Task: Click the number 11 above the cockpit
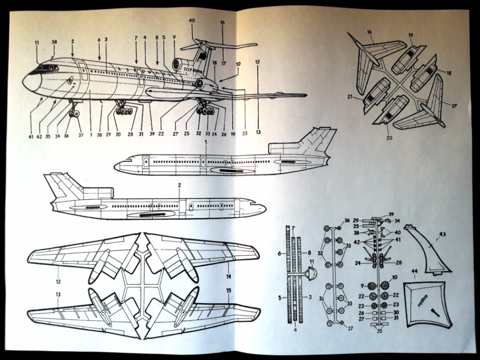(37, 43)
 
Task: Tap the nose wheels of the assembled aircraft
(74, 113)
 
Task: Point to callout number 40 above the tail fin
(192, 20)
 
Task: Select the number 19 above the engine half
(411, 36)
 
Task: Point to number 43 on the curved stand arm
(442, 234)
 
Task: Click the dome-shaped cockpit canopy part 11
(311, 275)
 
